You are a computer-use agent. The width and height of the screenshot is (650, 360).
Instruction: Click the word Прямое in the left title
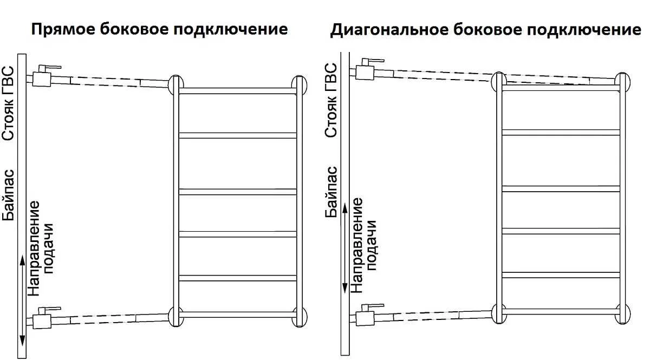[63, 30]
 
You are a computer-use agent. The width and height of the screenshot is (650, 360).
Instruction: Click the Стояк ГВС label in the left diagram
[8, 103]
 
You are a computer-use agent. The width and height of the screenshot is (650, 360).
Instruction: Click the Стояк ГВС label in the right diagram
[331, 100]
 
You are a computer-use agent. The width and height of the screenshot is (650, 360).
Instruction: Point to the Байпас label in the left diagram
[8, 195]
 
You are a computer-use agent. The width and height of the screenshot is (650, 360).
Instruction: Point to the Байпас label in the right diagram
[331, 192]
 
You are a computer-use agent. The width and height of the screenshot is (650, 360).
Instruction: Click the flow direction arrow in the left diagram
[22, 300]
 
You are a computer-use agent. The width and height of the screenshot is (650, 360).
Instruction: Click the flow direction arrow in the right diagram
[344, 248]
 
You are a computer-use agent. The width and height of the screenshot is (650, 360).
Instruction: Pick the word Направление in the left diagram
[34, 248]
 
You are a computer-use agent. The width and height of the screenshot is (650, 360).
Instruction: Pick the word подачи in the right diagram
[370, 245]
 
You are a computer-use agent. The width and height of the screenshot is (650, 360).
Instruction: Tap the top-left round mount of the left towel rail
[176, 84]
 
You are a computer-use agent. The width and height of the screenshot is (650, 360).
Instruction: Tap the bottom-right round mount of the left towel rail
[300, 317]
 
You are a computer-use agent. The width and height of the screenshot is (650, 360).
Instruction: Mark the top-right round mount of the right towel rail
[623, 82]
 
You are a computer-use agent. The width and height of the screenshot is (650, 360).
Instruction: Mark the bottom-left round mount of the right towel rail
[499, 313]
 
